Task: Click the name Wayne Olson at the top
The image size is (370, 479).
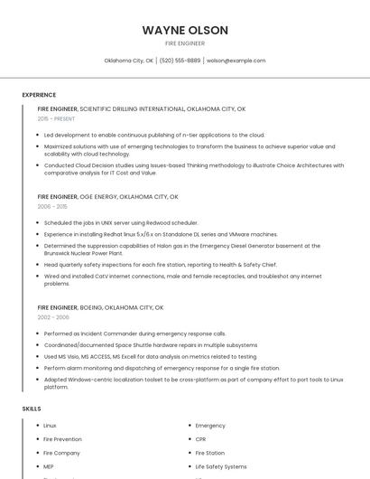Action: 185,31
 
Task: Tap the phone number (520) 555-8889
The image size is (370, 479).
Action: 180,61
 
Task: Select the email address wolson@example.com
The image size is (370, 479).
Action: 236,61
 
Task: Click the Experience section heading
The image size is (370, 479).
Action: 39,95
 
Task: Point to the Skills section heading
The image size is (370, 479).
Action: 32,409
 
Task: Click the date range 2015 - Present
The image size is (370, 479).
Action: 56,118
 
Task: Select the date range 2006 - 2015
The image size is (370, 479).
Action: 53,206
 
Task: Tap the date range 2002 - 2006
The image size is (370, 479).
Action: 53,317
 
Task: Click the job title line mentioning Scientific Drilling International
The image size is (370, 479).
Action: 142,108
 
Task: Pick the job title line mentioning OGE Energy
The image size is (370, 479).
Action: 108,196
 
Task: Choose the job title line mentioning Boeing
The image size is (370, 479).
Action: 100,307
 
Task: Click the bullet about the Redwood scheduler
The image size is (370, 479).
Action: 121,222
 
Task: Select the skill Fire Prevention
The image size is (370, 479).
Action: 62,439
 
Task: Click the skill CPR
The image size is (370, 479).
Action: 201,439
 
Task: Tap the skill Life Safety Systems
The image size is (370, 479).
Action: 221,466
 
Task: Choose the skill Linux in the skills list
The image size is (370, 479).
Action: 50,426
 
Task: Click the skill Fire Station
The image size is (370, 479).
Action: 210,453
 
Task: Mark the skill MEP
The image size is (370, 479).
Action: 49,466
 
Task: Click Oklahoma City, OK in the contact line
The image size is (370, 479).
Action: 129,61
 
